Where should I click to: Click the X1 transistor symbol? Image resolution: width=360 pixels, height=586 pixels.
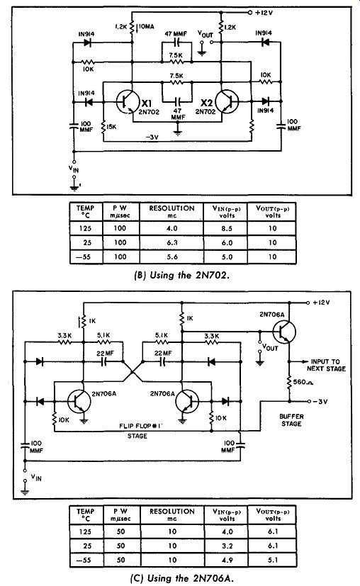[128, 101]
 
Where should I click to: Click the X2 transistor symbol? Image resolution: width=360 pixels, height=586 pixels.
[227, 101]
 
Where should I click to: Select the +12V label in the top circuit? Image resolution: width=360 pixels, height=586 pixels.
[264, 13]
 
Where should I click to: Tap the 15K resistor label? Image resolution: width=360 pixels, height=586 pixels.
[111, 127]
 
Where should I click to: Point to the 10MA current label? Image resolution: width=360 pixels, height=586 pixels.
[146, 26]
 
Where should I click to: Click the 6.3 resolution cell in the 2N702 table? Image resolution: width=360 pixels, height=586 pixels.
[172, 242]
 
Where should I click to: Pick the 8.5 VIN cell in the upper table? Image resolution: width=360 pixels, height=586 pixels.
[226, 228]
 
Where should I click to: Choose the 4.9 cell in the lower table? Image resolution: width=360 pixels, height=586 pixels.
[227, 560]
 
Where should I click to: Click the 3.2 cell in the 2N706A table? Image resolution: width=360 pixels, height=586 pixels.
[227, 546]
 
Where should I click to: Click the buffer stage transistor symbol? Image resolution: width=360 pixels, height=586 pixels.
[284, 332]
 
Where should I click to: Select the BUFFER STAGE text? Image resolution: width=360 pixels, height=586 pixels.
[291, 420]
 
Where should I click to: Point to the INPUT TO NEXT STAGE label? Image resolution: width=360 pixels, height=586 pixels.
[326, 365]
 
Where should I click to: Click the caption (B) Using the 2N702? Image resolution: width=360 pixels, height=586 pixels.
[181, 276]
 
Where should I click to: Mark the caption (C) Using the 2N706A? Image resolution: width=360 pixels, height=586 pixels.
[181, 578]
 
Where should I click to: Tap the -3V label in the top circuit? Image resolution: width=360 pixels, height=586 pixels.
[152, 137]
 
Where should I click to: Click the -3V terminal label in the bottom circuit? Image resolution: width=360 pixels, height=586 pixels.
[321, 401]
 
